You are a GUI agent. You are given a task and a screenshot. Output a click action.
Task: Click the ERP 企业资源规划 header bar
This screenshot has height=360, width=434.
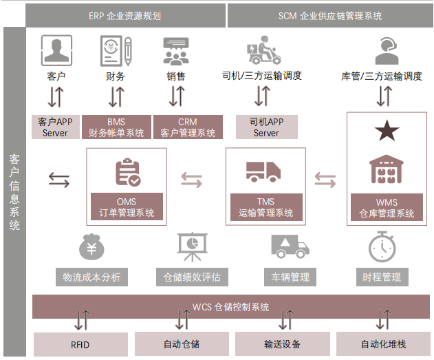[125, 16]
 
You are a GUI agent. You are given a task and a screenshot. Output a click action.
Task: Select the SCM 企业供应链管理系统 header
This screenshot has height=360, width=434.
[330, 16]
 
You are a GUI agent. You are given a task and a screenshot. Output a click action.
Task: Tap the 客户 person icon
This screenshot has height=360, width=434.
[56, 50]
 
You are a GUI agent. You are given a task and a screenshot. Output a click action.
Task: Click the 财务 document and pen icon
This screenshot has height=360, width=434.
[116, 51]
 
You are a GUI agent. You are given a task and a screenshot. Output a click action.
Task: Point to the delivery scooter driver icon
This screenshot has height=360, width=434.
[264, 50]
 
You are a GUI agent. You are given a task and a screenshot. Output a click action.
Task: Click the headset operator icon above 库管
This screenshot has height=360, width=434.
[387, 51]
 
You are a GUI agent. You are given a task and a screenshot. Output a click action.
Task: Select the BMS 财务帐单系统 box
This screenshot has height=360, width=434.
[116, 127]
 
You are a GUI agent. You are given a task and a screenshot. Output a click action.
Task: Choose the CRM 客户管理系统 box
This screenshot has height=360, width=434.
[188, 127]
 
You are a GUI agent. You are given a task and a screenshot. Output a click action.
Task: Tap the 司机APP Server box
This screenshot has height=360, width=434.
[267, 127]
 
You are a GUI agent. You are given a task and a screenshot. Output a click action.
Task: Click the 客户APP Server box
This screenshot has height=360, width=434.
[55, 127]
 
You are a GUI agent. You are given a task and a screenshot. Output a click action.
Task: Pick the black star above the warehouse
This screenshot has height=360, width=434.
[387, 130]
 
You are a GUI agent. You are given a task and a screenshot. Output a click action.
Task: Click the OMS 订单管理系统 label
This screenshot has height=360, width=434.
[127, 207]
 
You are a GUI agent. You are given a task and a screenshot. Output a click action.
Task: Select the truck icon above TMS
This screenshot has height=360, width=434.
[263, 171]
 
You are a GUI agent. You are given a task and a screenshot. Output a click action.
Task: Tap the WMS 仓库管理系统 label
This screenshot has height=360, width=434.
[387, 207]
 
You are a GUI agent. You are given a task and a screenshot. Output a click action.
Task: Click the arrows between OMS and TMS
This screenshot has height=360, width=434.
[191, 180]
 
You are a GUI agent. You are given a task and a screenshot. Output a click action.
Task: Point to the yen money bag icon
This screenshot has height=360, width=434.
[91, 247]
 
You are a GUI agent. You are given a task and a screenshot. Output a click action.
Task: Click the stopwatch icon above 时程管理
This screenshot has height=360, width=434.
[382, 246]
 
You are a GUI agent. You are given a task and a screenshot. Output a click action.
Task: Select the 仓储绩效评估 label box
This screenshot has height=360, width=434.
[192, 277]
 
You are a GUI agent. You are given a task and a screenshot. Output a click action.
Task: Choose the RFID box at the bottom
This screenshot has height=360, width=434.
[80, 344]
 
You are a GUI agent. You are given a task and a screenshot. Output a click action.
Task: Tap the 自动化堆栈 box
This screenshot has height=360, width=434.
[383, 343]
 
